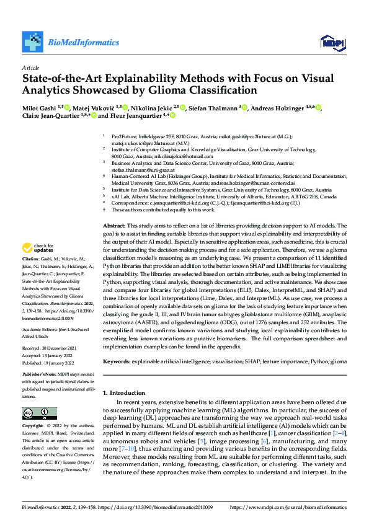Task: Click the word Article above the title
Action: tap(30, 68)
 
